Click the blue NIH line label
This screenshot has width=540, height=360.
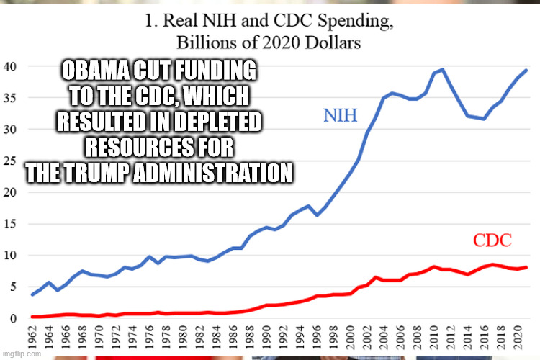(x=340, y=115)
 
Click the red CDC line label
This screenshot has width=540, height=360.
(x=492, y=240)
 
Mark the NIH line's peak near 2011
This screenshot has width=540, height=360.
(x=443, y=70)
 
